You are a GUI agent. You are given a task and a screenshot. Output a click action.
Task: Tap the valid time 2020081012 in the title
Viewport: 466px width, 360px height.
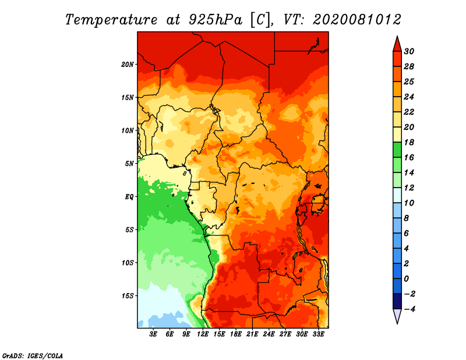pyautogui.click(x=357, y=19)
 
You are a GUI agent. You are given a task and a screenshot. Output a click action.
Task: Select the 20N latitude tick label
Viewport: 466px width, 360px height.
pyautogui.click(x=128, y=64)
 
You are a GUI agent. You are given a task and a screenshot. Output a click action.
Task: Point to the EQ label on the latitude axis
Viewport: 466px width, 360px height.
pyautogui.click(x=129, y=196)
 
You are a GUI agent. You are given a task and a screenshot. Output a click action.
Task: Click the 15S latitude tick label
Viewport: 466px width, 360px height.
pyautogui.click(x=128, y=295)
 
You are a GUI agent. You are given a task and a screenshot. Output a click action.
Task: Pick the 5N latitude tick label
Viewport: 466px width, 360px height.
pyautogui.click(x=129, y=163)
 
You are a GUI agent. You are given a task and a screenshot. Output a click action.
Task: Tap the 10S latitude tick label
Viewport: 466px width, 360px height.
pyautogui.click(x=128, y=262)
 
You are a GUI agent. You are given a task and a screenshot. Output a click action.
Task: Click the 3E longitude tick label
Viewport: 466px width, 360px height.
pyautogui.click(x=154, y=334)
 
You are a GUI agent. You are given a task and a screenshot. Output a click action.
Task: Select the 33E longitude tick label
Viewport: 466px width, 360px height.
pyautogui.click(x=318, y=334)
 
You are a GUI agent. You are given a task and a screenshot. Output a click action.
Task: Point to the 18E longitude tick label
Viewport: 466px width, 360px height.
pyautogui.click(x=236, y=334)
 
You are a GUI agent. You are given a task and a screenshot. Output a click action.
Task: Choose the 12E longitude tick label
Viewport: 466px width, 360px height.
pyautogui.click(x=203, y=334)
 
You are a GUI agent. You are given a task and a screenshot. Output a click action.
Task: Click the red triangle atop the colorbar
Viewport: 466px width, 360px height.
pyautogui.click(x=397, y=44)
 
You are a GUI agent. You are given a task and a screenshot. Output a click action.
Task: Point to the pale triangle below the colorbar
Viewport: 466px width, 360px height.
pyautogui.click(x=397, y=316)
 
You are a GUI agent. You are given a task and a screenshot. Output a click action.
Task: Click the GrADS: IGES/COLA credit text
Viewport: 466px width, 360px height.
pyautogui.click(x=32, y=355)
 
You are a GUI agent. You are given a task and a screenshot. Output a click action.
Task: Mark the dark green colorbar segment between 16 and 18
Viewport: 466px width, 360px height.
pyautogui.click(x=397, y=150)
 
